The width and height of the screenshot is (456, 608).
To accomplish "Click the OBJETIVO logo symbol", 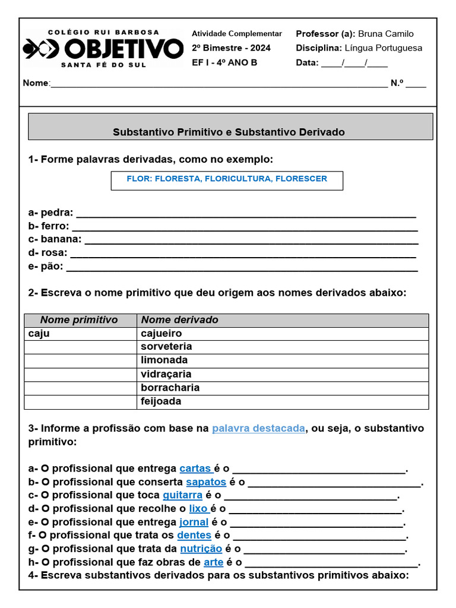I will [41, 49].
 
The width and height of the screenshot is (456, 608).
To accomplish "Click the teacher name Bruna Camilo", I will [385, 34].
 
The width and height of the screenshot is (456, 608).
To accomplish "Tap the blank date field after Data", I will [354, 63].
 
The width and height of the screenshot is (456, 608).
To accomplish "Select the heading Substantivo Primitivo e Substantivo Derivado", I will [229, 132].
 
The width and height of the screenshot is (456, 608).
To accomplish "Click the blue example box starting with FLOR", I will [227, 179].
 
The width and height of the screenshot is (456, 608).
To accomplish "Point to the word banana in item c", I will [61, 239].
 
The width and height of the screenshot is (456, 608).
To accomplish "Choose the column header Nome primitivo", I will [79, 320].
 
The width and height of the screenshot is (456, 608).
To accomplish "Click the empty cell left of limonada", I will [80, 360].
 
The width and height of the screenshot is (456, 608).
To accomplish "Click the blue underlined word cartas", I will [195, 468].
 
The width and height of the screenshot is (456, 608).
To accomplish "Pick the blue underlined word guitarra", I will [182, 495].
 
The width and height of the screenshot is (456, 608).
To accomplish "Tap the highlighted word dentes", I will [194, 535].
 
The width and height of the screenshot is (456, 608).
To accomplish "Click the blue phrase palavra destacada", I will [258, 429].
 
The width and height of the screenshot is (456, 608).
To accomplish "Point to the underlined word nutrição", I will [201, 549].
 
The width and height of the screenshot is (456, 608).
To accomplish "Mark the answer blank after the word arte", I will [331, 562].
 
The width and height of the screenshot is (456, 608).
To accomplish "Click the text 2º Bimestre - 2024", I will [231, 48].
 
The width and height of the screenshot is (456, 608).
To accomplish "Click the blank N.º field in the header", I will [416, 84].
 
